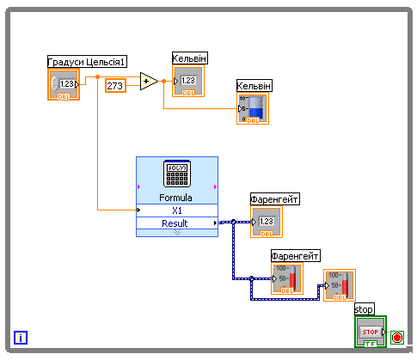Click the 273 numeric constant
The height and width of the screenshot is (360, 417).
pos(115,85)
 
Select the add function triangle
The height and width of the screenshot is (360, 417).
pos(148,82)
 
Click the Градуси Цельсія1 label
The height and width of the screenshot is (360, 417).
pos(87,62)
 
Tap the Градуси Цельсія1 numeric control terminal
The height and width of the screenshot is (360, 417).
pos(64,84)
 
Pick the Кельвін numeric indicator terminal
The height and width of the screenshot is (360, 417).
pos(188,81)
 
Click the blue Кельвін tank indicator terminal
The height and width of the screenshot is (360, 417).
pos(253,108)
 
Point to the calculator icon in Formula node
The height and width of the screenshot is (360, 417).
pos(177,174)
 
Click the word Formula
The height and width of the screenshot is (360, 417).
pos(175,198)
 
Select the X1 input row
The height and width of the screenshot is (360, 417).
pos(177,211)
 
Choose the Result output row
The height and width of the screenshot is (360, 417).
pos(177,223)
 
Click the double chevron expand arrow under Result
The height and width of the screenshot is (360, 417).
pos(177,233)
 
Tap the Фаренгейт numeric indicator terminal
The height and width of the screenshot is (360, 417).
pos(267,222)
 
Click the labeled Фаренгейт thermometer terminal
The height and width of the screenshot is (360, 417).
pos(287,278)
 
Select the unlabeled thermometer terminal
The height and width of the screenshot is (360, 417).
pos(340,285)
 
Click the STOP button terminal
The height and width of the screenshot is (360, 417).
pos(371,332)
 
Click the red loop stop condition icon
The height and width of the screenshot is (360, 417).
pos(397,338)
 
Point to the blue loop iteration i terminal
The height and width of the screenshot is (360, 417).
pos(21,338)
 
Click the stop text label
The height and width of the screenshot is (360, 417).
pos(364,309)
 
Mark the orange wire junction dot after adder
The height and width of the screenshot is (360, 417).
pos(163,82)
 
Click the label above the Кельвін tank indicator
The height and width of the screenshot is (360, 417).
pos(254,86)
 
